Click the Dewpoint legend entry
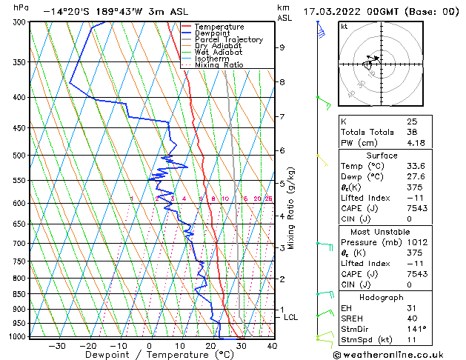pyautogui.click(x=213, y=33)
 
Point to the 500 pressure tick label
pyautogui.click(x=19, y=156)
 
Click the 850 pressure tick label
pyautogui.click(x=19, y=294)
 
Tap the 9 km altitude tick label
pyautogui.click(x=282, y=47)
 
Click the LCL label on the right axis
pyautogui.click(x=291, y=317)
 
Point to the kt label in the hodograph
pyautogui.click(x=344, y=26)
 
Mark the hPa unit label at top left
pyautogui.click(x=21, y=7)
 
